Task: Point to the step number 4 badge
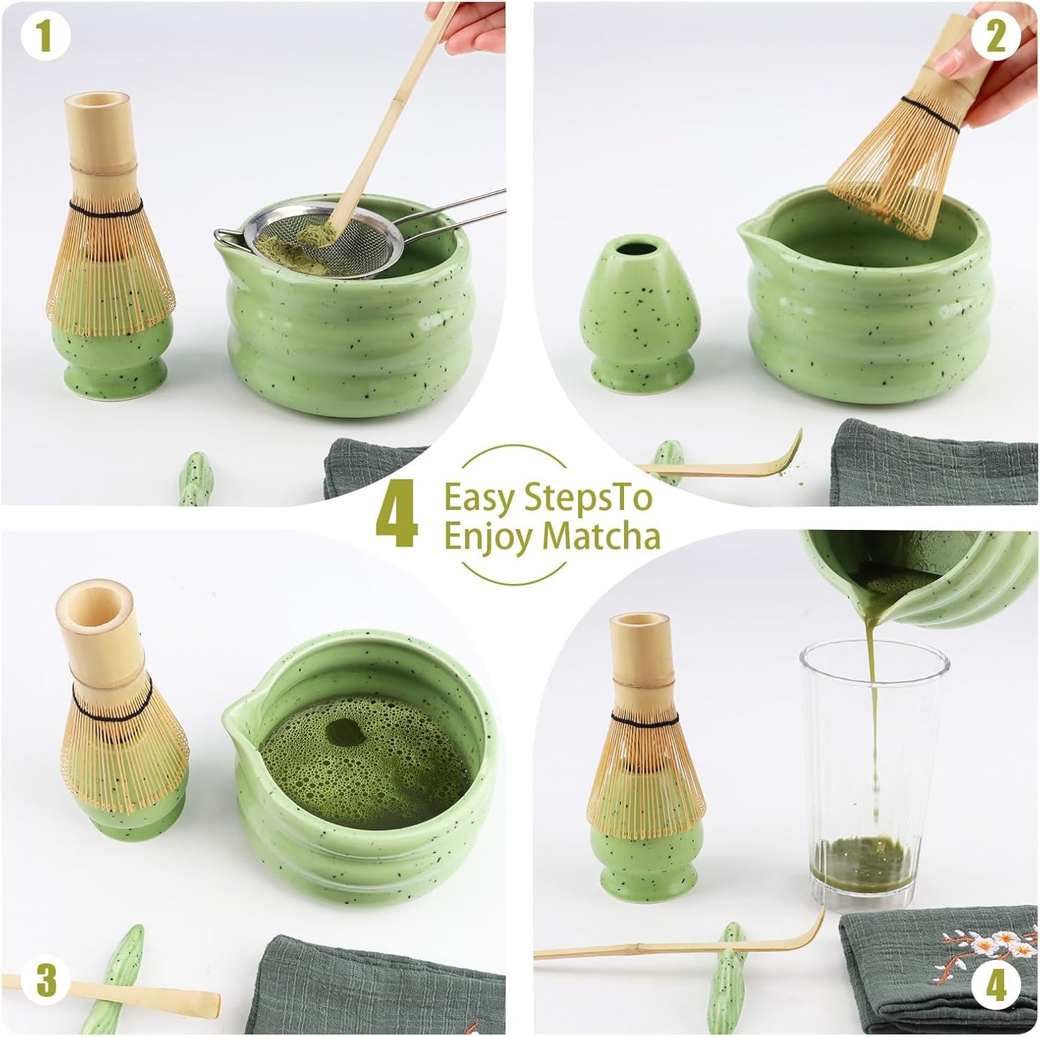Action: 995,987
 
